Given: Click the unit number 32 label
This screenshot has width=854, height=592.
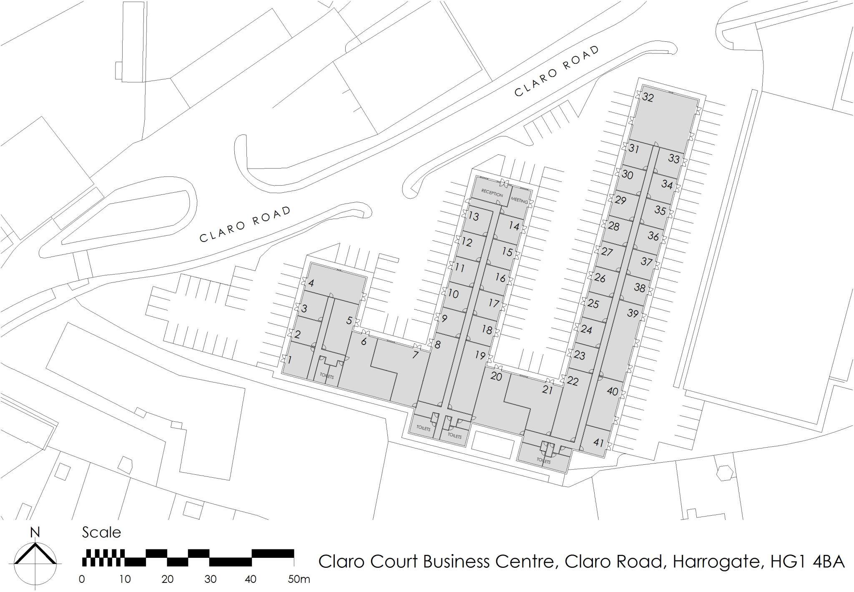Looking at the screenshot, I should pos(648,98).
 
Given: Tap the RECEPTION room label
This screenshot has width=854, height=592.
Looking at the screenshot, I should pos(492,194).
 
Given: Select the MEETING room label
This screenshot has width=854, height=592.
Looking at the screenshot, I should pos(520,201).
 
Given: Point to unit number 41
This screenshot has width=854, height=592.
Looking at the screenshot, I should pos(598,442).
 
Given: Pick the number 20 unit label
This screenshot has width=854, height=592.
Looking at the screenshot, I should pos(496,376).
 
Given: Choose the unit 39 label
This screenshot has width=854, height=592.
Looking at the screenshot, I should pos(633,313).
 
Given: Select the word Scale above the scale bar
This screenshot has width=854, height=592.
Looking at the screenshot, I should pos(101,533).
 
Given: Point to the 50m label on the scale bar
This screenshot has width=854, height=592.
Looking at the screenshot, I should pos(299,579).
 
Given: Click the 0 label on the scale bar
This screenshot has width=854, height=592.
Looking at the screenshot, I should pos(82,579).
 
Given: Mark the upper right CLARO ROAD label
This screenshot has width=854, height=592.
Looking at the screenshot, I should pos(557,71).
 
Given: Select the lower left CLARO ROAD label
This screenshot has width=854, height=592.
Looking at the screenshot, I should pos(245,224).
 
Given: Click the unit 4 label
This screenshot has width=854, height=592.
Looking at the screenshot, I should pos(311,283).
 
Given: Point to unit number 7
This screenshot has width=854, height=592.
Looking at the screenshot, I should pos(415,355).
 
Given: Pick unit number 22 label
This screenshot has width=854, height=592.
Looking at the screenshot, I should pos(573,381).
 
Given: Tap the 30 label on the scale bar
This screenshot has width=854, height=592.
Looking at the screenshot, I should pos(211,579).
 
